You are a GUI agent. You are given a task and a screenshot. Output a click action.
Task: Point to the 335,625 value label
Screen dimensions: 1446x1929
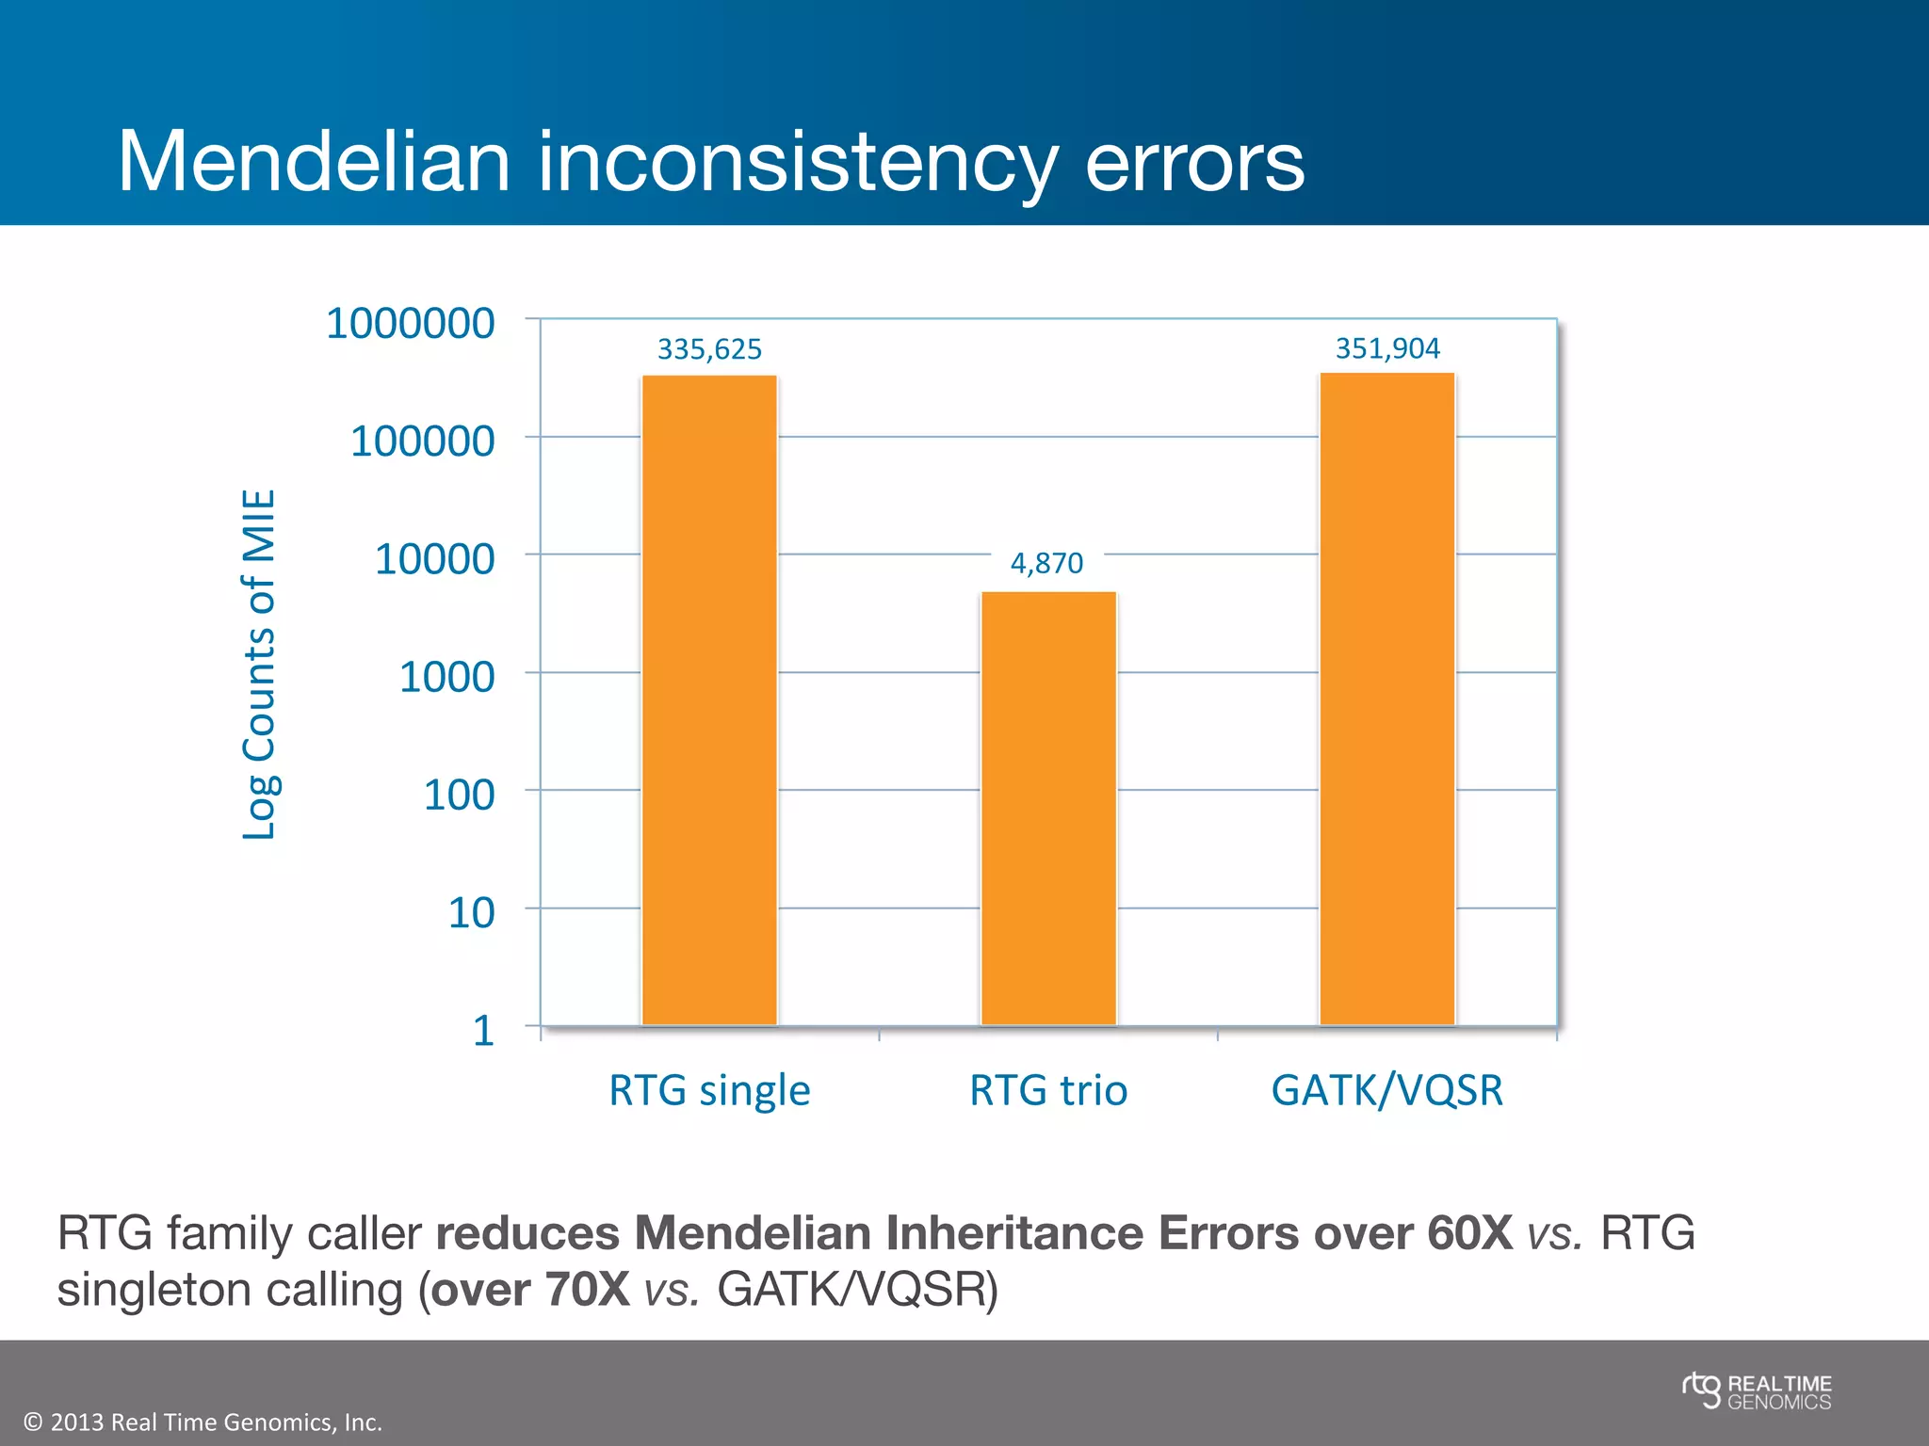pyautogui.click(x=709, y=349)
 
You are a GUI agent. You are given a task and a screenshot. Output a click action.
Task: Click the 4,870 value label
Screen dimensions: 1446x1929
pyautogui.click(x=1046, y=563)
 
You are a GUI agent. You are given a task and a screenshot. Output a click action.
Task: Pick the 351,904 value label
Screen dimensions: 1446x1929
pyautogui.click(x=1387, y=348)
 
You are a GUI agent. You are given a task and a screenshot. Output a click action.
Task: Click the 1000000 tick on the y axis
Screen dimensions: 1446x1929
pyautogui.click(x=410, y=323)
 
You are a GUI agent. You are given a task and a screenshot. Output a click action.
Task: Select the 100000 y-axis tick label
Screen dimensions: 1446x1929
pyautogui.click(x=422, y=441)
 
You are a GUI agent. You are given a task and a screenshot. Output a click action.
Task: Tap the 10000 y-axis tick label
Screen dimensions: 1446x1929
pyautogui.click(x=434, y=558)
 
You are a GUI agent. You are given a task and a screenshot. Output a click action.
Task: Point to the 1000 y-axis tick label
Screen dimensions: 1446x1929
pyautogui.click(x=446, y=677)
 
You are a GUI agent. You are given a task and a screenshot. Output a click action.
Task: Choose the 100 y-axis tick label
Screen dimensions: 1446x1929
pyautogui.click(x=459, y=795)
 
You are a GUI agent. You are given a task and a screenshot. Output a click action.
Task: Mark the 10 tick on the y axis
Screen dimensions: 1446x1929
pyautogui.click(x=471, y=912)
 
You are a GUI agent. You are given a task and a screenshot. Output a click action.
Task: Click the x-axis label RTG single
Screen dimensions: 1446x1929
pyautogui.click(x=709, y=1090)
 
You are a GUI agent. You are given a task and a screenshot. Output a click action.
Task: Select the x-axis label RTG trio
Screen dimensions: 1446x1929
pyautogui.click(x=1048, y=1090)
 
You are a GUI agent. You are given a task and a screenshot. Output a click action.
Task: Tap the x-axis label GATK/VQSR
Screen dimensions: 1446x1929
pyautogui.click(x=1387, y=1090)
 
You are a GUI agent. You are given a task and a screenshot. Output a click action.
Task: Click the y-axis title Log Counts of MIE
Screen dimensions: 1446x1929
pyautogui.click(x=259, y=664)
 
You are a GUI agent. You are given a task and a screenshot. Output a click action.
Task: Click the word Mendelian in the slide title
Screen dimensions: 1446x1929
pyautogui.click(x=314, y=162)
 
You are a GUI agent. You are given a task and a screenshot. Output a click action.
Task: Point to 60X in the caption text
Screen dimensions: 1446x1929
pyautogui.click(x=1469, y=1233)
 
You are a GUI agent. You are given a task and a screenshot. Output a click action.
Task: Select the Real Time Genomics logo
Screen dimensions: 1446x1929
pyautogui.click(x=1757, y=1391)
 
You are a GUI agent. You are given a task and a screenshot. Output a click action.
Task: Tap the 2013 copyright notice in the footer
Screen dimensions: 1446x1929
pyautogui.click(x=203, y=1422)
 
